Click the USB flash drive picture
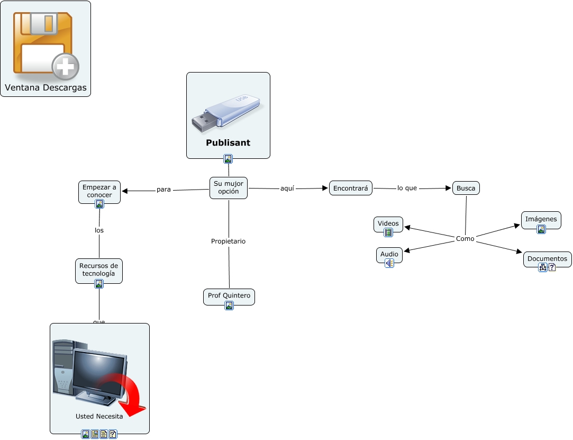(226, 113)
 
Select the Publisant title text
(228, 143)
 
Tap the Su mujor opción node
(229, 187)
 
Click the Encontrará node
(351, 188)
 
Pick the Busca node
(466, 188)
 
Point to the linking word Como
(465, 239)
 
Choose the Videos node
(388, 223)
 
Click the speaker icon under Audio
(389, 263)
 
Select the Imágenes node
(541, 219)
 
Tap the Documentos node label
(547, 259)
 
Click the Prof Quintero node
(229, 295)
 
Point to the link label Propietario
(228, 241)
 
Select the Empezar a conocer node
(99, 191)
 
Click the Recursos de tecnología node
(98, 270)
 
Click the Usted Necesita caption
(99, 416)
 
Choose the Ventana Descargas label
(46, 88)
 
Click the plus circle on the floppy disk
(66, 67)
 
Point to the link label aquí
(287, 188)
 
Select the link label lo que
(407, 188)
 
